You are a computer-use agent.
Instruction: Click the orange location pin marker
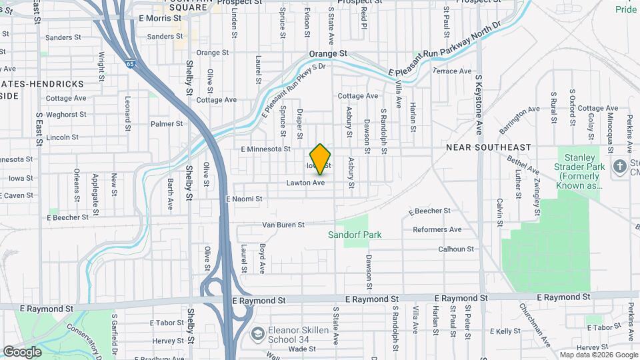pyautogui.click(x=321, y=159)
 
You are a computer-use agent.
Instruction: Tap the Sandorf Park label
pyautogui.click(x=355, y=235)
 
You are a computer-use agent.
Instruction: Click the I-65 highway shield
pyautogui.click(x=129, y=64)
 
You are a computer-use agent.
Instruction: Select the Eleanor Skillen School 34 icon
pyautogui.click(x=257, y=333)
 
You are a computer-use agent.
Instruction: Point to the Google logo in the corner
pyautogui.click(x=23, y=351)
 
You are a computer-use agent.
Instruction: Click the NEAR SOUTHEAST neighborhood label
pyautogui.click(x=489, y=147)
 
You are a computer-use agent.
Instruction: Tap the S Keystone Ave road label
pyautogui.click(x=478, y=104)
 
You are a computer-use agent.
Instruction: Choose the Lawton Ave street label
pyautogui.click(x=305, y=183)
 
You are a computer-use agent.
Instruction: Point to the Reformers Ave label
pyautogui.click(x=437, y=229)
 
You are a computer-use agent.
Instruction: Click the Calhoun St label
pyautogui.click(x=455, y=249)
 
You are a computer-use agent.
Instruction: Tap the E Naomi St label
pyautogui.click(x=244, y=199)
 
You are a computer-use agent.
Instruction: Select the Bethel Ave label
pyautogui.click(x=521, y=163)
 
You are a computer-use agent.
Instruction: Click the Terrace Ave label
pyautogui.click(x=452, y=71)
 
